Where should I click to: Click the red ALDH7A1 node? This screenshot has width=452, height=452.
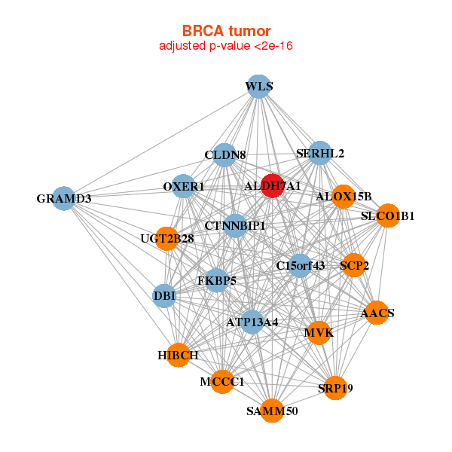pos(272,186)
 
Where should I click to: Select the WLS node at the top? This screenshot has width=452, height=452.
pos(259,87)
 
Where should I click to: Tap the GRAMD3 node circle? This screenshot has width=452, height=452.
pos(64,198)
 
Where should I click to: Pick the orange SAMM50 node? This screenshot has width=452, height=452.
pos(272,411)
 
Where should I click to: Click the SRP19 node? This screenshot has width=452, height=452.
pos(335,388)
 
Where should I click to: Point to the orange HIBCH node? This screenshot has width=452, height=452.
pos(179,355)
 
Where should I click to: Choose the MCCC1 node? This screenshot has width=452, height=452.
pos(222,382)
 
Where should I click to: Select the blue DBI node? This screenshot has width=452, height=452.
pos(164,296)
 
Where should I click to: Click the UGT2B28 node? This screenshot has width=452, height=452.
pos(167,239)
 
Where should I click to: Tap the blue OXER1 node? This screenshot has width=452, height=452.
pos(184,186)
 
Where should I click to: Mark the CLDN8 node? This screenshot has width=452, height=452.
pos(224,154)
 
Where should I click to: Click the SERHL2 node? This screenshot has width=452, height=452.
pos(320,153)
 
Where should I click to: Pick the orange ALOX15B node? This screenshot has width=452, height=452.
pos(344,197)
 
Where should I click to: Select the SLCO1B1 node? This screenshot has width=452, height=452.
pos(388,215)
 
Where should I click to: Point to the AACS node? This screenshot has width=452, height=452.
pos(377,313)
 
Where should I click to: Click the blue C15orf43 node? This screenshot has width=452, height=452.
pos(301,266)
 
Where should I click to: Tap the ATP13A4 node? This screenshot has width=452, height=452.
pos(252,322)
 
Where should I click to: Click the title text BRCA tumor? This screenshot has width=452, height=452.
pos(227,31)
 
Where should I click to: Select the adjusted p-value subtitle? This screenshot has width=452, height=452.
pos(226,46)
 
